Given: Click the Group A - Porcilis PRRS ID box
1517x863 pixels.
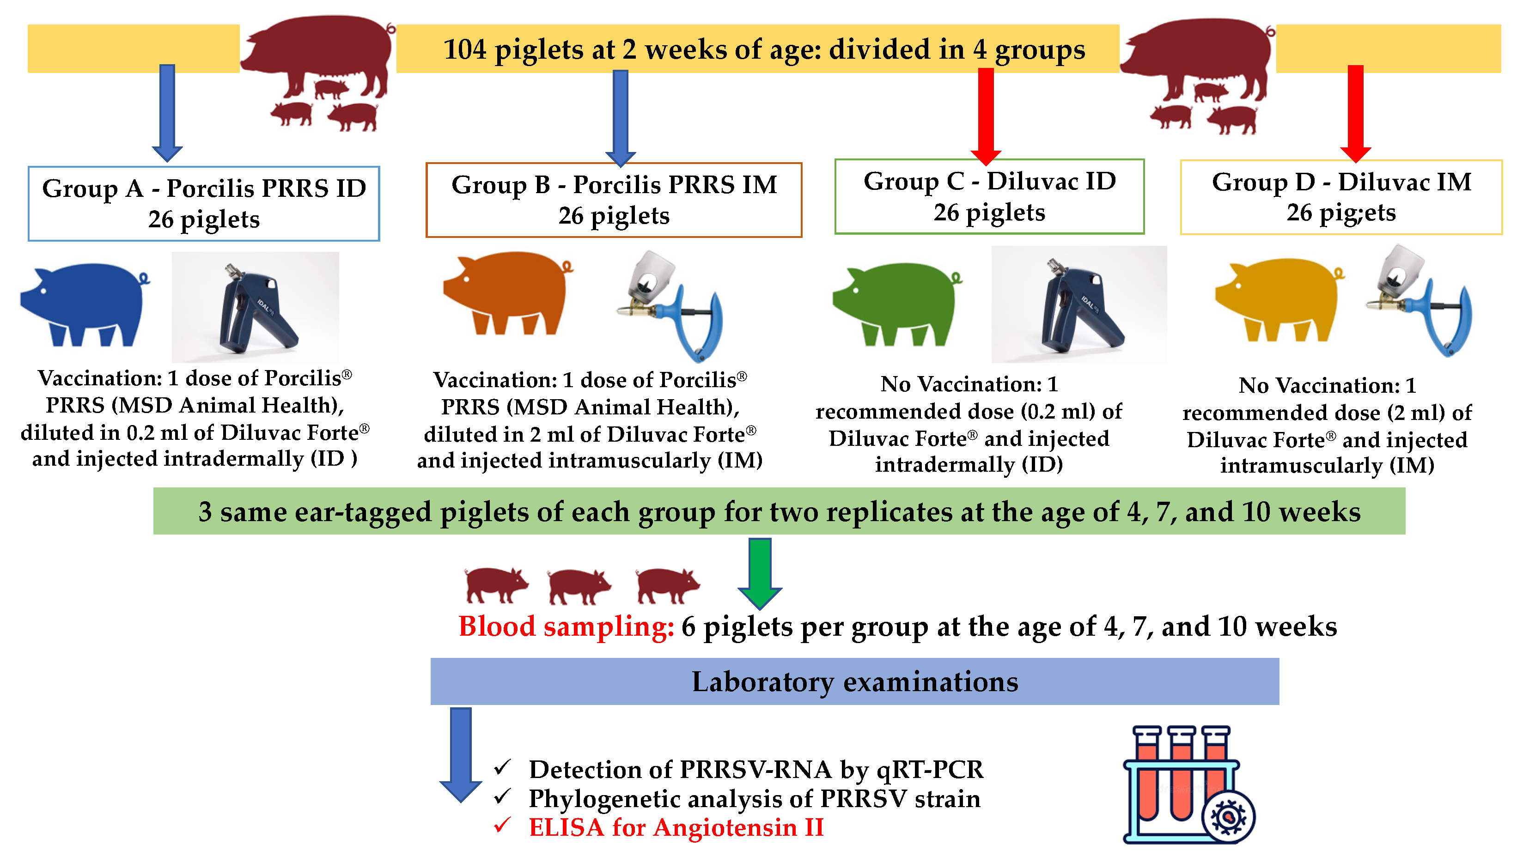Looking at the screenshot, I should pyautogui.click(x=203, y=203).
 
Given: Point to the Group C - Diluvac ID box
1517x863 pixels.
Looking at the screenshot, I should pyautogui.click(x=989, y=196).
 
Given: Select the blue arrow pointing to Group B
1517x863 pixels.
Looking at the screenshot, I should pyautogui.click(x=620, y=117).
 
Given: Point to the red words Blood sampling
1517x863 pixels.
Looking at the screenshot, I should pyautogui.click(x=566, y=626).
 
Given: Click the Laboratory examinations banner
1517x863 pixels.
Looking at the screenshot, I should pyautogui.click(x=854, y=681).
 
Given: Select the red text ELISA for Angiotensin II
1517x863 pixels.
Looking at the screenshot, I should pyautogui.click(x=676, y=827).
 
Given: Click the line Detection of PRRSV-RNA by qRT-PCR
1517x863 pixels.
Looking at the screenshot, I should pyautogui.click(x=756, y=769).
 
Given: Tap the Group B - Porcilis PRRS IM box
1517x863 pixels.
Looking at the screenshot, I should pyautogui.click(x=614, y=200).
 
